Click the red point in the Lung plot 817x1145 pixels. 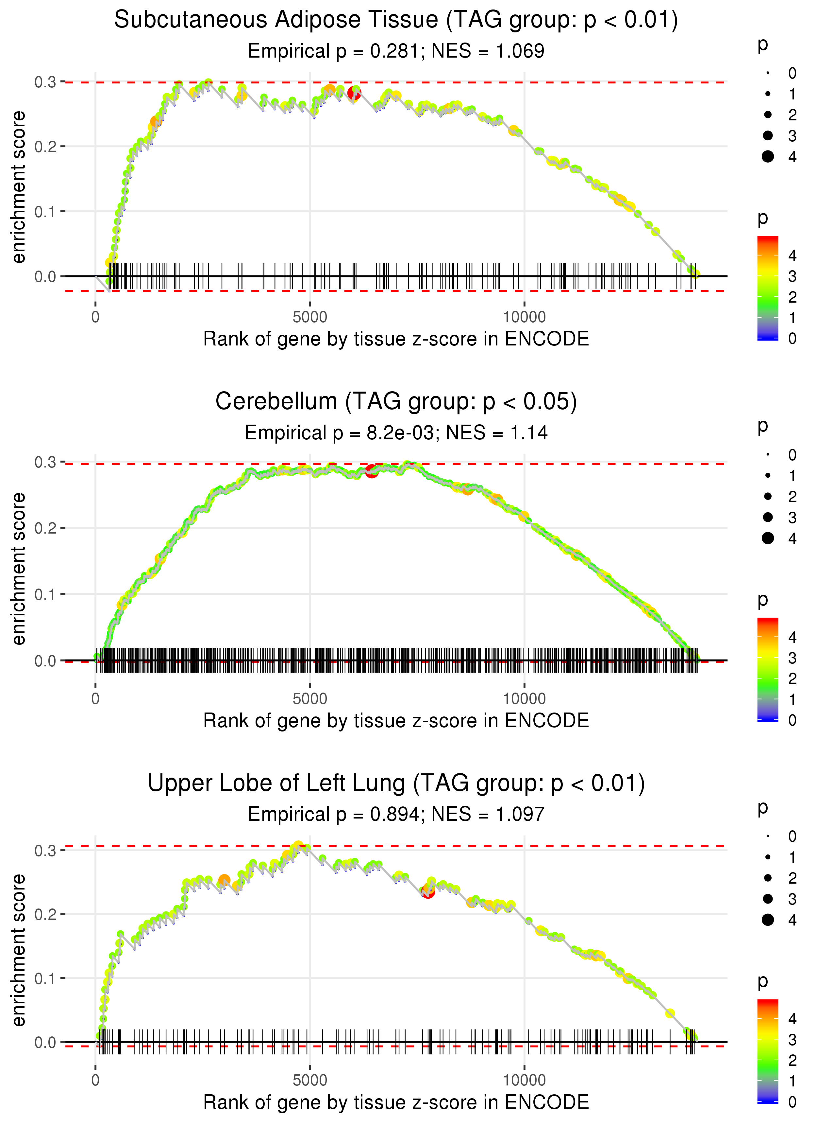(427, 892)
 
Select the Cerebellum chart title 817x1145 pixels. (396, 402)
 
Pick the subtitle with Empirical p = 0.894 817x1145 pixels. (396, 814)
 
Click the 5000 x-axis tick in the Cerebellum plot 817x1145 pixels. (310, 698)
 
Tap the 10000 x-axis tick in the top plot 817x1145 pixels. (524, 317)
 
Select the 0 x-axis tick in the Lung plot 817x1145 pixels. (95, 1080)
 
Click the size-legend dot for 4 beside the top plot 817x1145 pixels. (768, 157)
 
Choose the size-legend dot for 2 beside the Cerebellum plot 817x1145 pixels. (768, 497)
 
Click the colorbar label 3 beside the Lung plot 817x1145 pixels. (792, 1040)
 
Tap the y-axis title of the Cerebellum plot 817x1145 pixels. (19, 569)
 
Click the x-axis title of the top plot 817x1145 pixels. (396, 339)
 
